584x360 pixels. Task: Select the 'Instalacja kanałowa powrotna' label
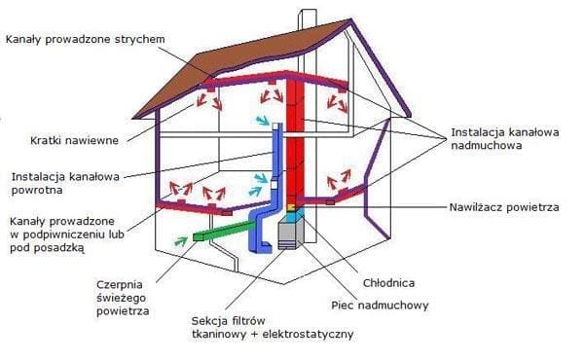(65, 183)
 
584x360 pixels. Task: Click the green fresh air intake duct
(219, 233)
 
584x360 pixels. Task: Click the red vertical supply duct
(300, 146)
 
